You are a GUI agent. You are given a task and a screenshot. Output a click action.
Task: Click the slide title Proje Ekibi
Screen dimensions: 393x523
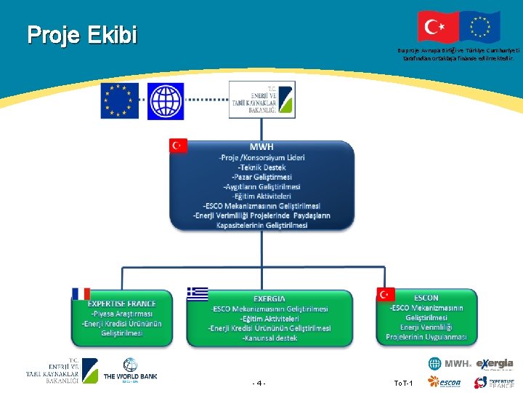(x=82, y=34)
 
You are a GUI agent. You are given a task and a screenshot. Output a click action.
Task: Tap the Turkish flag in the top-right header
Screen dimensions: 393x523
(x=438, y=27)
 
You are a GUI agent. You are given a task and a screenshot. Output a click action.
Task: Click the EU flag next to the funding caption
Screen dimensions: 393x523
(x=479, y=27)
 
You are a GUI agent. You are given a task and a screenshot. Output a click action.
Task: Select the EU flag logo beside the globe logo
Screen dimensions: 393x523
(x=120, y=100)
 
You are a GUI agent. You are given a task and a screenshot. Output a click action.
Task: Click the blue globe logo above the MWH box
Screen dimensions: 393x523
(x=166, y=100)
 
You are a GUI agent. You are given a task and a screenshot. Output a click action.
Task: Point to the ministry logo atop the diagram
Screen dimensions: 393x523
(x=261, y=100)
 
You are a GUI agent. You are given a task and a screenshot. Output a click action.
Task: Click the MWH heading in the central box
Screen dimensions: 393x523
(x=261, y=146)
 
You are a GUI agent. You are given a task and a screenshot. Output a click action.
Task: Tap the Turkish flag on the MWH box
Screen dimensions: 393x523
(x=178, y=146)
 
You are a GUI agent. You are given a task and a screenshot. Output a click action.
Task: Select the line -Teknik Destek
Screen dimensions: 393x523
(x=261, y=167)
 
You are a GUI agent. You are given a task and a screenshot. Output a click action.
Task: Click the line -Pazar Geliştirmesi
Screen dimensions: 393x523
(x=261, y=177)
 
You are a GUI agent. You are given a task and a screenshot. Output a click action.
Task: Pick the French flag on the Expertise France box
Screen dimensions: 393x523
(x=81, y=293)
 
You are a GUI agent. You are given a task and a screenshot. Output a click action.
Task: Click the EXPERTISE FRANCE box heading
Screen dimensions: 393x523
(x=122, y=303)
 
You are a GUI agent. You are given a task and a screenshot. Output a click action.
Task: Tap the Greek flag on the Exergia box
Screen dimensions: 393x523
(x=197, y=293)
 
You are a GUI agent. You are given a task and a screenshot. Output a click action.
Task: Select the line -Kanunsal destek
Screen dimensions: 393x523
(x=269, y=338)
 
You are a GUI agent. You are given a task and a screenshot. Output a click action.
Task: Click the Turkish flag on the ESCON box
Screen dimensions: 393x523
(x=386, y=294)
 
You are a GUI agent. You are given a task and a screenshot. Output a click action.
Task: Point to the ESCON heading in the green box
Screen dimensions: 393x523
(x=426, y=298)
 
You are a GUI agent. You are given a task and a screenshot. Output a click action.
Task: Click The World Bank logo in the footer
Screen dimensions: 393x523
(x=130, y=370)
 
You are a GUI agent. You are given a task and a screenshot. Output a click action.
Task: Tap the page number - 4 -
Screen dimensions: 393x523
(x=259, y=383)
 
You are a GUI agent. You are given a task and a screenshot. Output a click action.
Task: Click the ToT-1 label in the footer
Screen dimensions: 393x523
(x=403, y=383)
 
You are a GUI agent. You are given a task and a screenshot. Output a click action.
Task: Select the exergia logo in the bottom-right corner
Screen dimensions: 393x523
(x=495, y=364)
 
